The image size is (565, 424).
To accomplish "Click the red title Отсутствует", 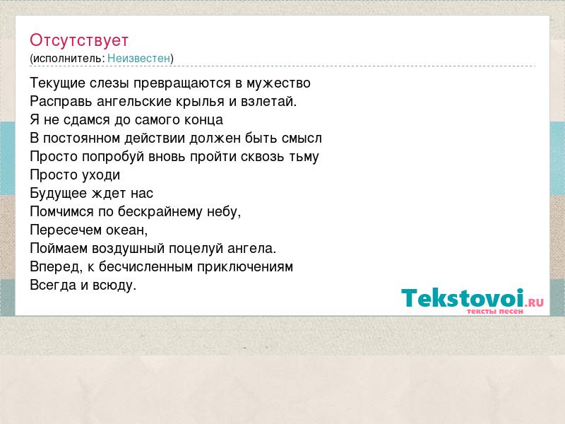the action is click(x=79, y=40).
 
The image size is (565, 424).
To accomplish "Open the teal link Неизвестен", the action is click(x=138, y=58).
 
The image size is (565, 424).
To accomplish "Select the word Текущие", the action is click(x=58, y=83).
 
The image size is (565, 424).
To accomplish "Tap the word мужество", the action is click(x=278, y=83).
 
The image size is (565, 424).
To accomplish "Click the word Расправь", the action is click(x=61, y=102).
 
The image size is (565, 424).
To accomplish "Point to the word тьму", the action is click(x=304, y=157).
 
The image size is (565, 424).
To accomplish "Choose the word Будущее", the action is click(x=59, y=194).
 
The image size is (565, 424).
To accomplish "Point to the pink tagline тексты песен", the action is click(x=495, y=311).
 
